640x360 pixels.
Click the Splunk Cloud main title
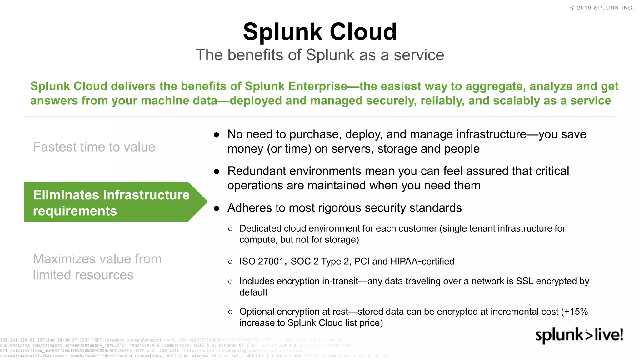point(320,32)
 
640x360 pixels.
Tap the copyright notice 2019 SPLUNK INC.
point(602,8)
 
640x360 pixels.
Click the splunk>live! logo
point(579,335)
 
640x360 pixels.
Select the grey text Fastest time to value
point(94,147)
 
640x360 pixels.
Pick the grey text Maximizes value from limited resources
point(97,267)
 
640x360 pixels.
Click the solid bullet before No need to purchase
point(216,135)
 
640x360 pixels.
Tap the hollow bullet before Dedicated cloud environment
point(230,229)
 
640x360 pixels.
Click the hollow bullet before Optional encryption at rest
point(230,312)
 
